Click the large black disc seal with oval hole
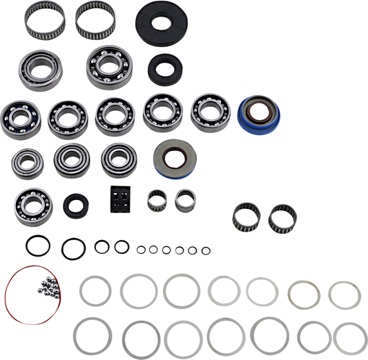pyautogui.click(x=161, y=22)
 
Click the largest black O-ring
pyautogui.click(x=34, y=243)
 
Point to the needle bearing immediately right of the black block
pyautogui.click(x=157, y=201)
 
